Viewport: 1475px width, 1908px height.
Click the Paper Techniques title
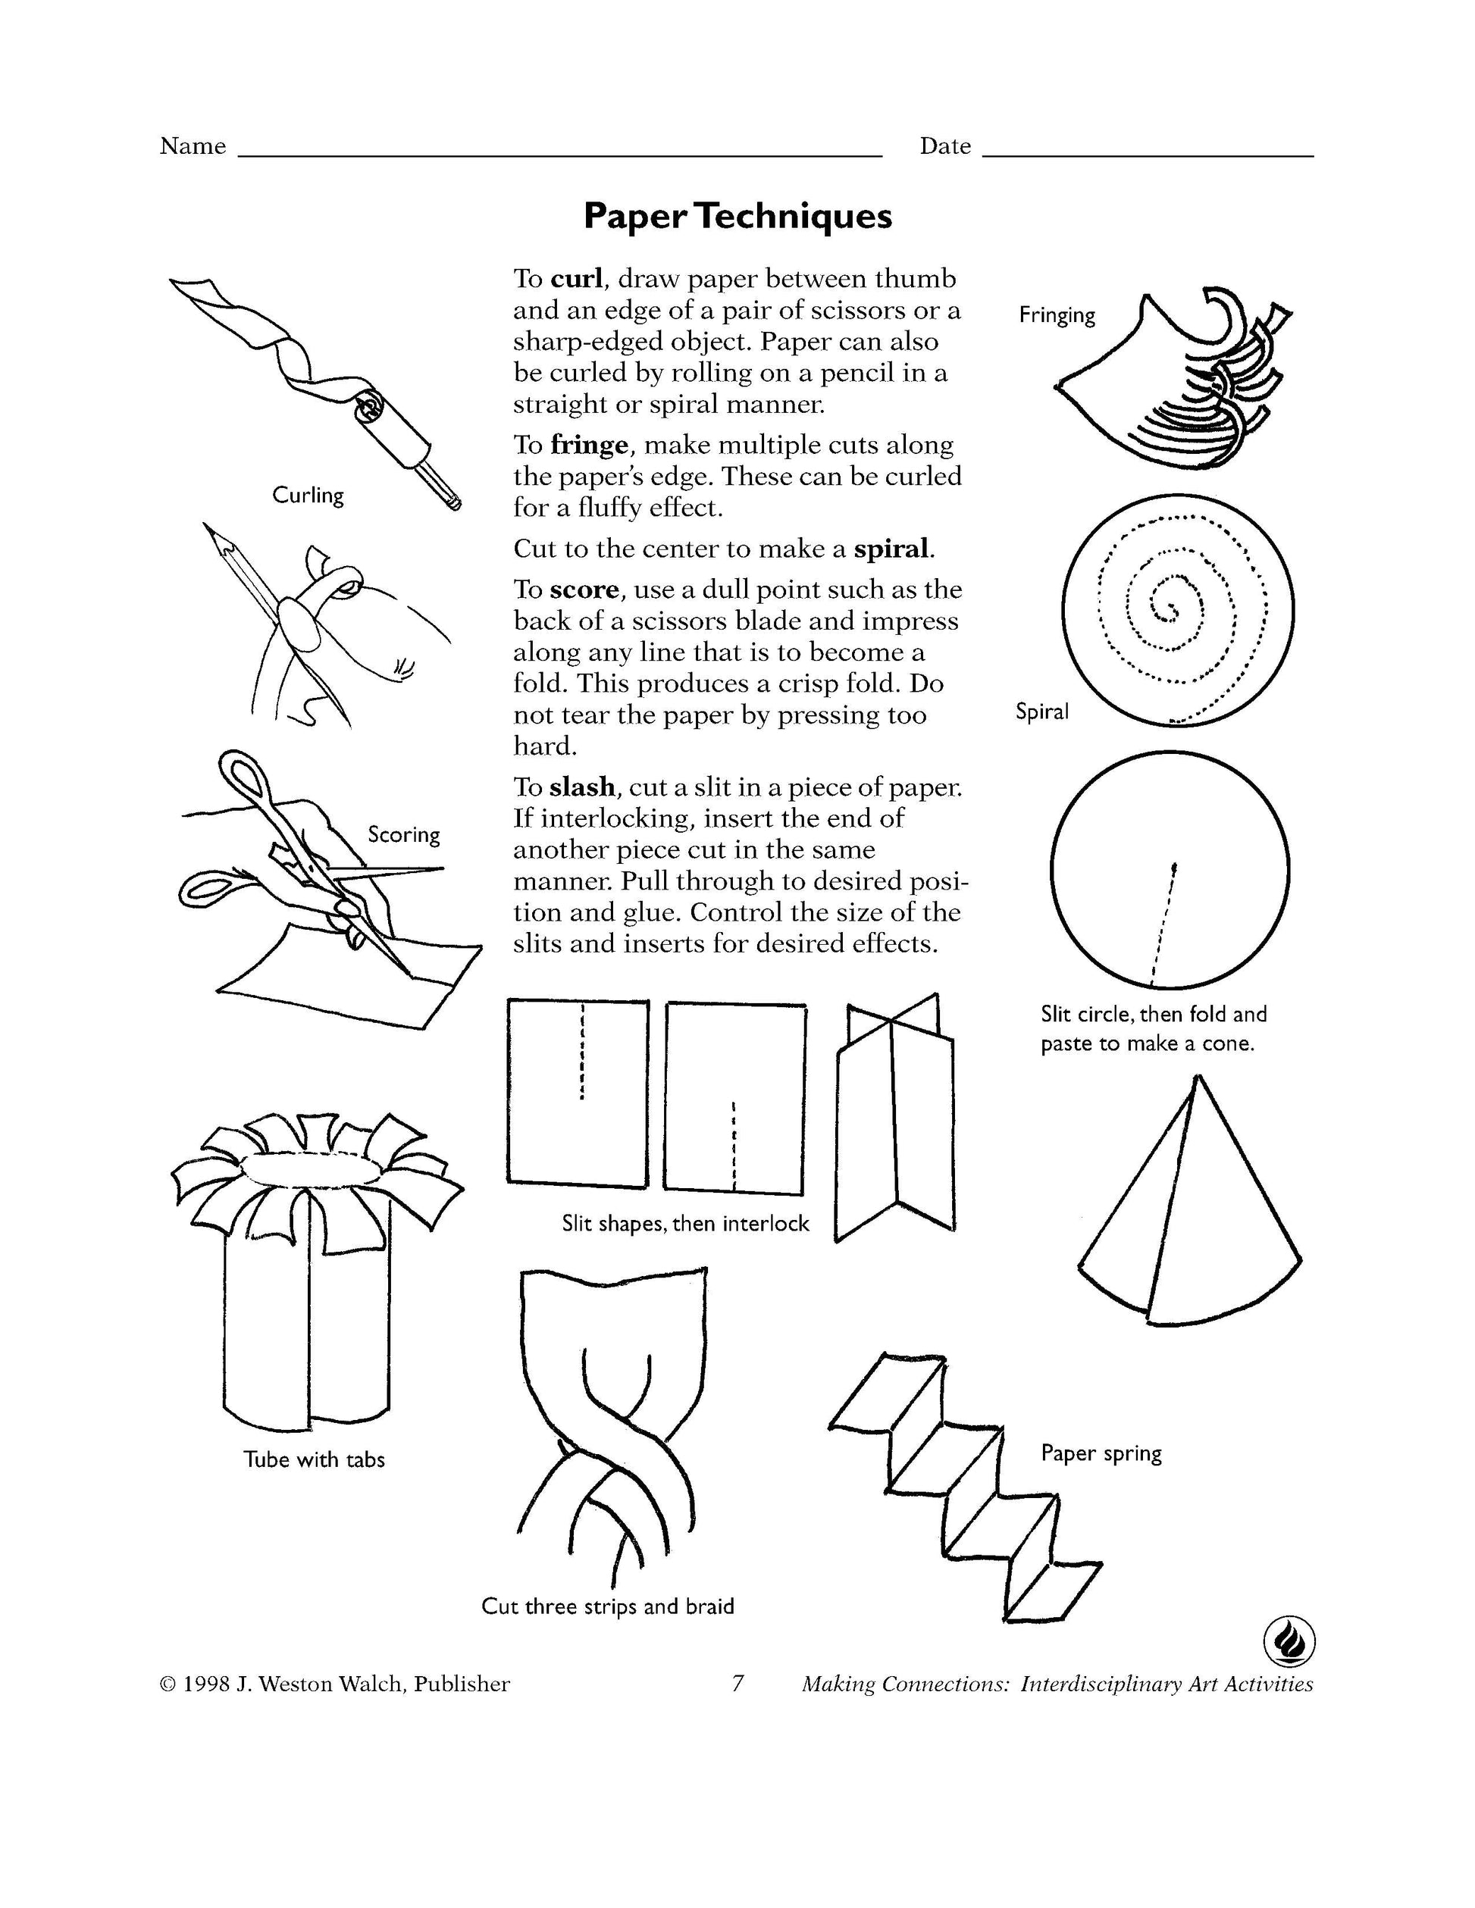(737, 216)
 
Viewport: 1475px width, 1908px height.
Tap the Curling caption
(308, 496)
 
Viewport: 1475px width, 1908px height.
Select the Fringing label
(1057, 315)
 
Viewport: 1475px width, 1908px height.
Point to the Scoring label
(404, 834)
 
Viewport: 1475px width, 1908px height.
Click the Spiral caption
(1041, 712)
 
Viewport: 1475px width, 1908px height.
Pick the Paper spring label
(1101, 1453)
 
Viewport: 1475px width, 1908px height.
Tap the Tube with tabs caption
(314, 1460)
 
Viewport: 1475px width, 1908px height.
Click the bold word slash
(582, 787)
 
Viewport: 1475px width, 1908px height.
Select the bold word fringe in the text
(589, 446)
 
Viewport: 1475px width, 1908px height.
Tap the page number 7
(737, 1684)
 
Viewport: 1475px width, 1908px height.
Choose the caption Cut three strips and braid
(607, 1606)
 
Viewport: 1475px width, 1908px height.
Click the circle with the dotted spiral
(1178, 611)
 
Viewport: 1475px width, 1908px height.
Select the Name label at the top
(193, 146)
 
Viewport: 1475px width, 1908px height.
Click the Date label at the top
(944, 146)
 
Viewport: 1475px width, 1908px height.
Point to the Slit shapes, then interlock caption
(685, 1224)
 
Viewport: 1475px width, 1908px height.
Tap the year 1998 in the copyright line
(206, 1684)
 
